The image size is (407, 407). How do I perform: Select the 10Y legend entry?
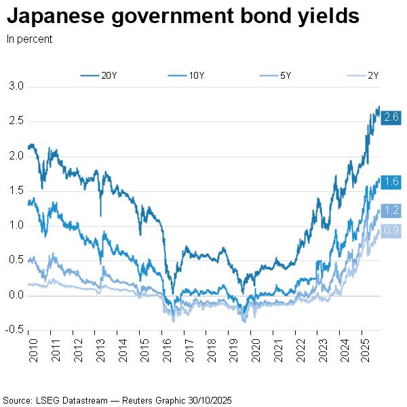188,75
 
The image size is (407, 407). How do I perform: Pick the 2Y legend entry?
364,75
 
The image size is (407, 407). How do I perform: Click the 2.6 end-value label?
391,117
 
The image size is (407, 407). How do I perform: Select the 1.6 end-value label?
391,182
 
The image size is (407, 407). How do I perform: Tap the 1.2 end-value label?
391,210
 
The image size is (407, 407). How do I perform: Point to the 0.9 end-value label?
391,231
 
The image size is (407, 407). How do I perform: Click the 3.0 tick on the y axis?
16,86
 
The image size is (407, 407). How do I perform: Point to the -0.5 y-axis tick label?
15,330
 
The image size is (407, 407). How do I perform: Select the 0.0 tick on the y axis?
16,295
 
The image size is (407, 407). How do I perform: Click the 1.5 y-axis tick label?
16,191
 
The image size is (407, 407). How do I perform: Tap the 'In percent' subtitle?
29,39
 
